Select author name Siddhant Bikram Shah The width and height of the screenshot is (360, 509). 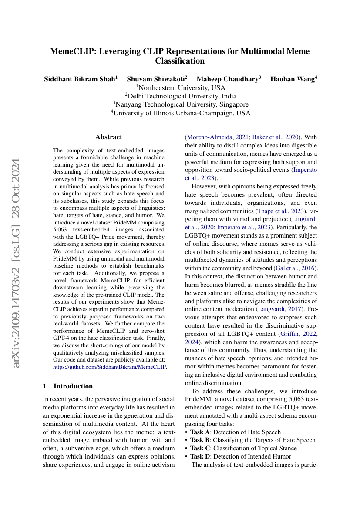click(x=80, y=79)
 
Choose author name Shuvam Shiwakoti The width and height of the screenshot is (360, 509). click(x=156, y=79)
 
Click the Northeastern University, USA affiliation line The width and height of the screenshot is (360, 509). click(x=180, y=88)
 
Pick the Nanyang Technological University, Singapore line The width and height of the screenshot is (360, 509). click(x=180, y=104)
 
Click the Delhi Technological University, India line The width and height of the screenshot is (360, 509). click(x=180, y=96)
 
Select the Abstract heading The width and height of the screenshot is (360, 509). click(x=109, y=137)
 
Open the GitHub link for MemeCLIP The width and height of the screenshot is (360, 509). click(x=109, y=367)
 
